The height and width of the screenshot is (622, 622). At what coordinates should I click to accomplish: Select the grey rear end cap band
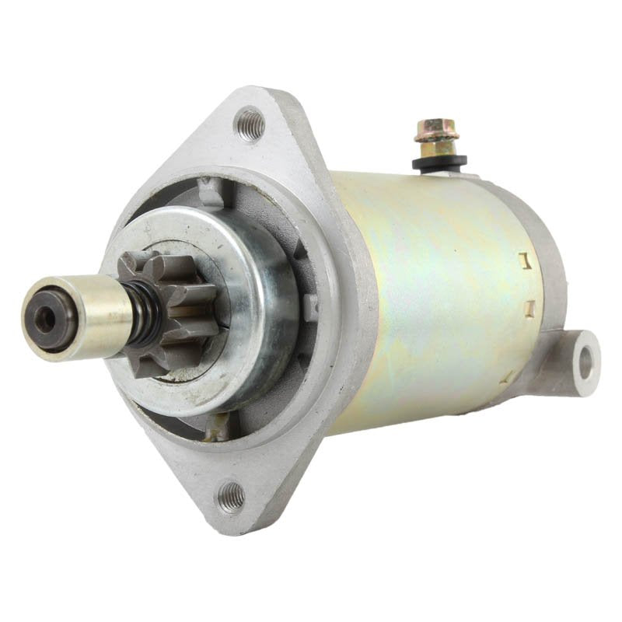(x=544, y=257)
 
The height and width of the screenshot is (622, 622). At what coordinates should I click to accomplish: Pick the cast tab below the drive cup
(x=219, y=422)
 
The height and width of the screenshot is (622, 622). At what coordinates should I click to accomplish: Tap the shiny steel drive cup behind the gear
(x=257, y=311)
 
